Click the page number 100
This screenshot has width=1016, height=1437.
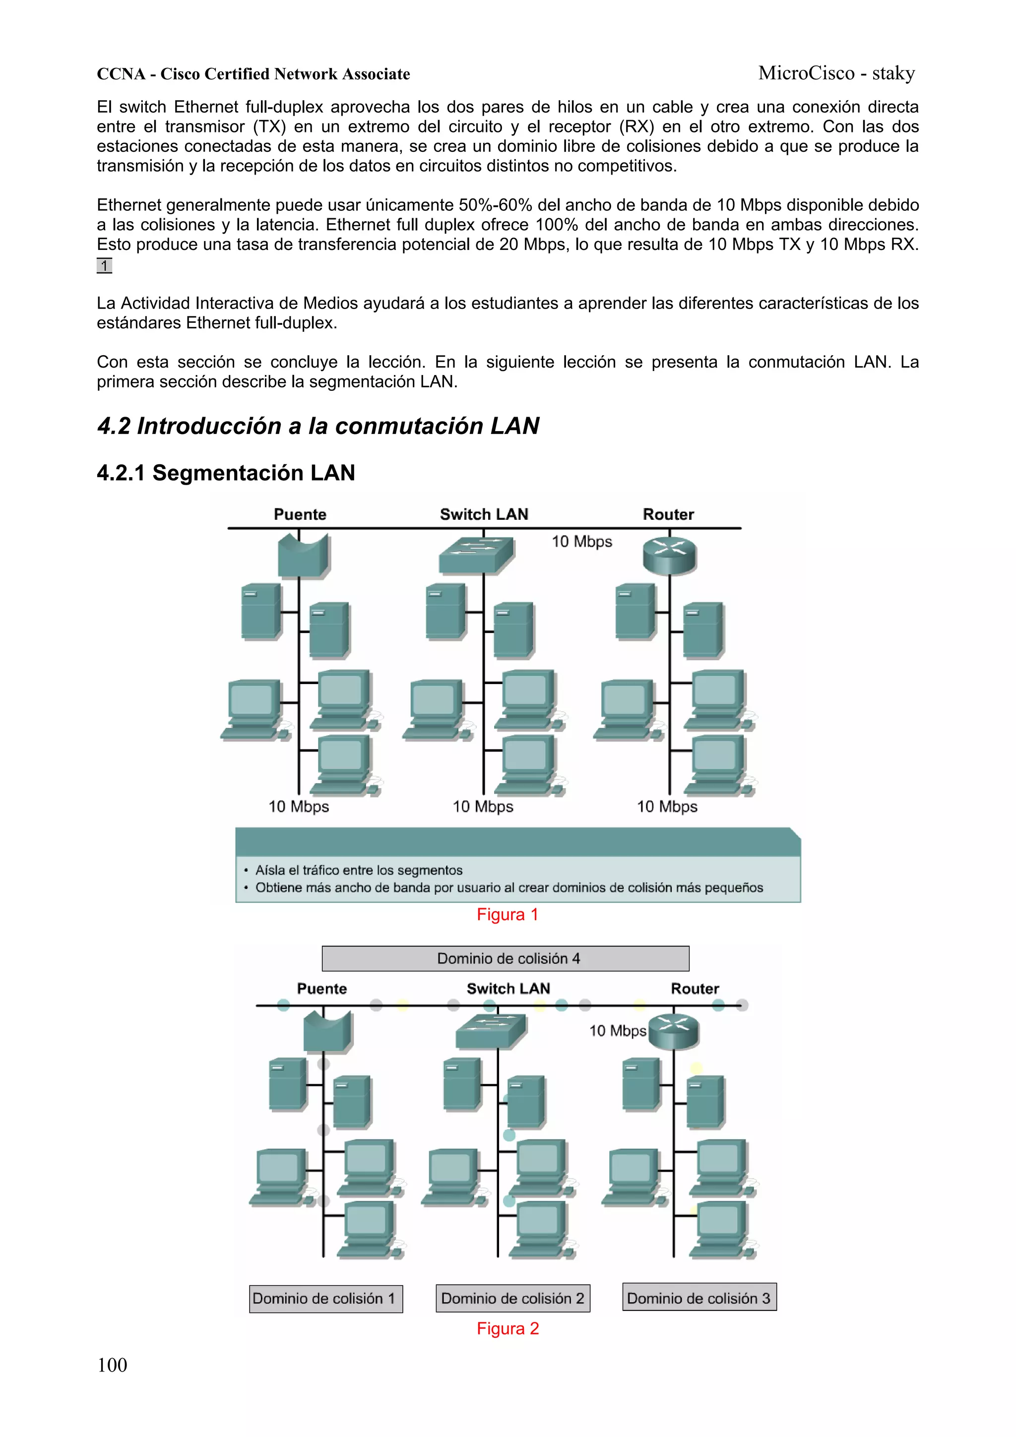pos(112,1365)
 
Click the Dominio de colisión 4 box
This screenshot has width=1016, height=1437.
pos(505,958)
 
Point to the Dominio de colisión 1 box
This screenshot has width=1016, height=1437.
pos(325,1299)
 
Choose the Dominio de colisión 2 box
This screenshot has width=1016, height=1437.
pos(512,1298)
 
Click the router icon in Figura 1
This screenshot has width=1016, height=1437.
pos(669,555)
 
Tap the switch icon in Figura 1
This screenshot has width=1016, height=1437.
pos(477,555)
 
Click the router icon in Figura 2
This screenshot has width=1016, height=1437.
pos(674,1031)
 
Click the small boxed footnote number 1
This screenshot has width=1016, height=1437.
pos(104,265)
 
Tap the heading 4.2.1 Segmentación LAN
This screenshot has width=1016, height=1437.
pos(226,473)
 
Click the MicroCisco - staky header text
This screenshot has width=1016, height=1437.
pos(836,73)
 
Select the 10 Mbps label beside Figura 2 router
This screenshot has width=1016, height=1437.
pos(617,1031)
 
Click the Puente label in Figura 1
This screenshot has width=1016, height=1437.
pos(300,514)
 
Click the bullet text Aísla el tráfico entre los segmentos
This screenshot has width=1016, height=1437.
pos(359,870)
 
